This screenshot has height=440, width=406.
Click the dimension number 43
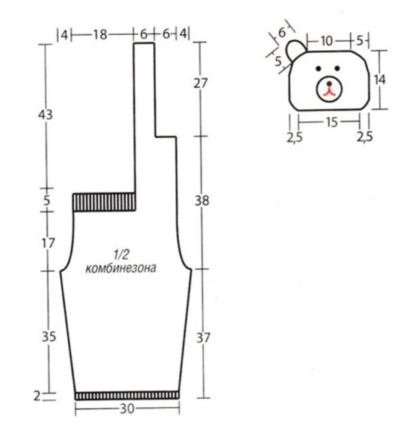coord(45,115)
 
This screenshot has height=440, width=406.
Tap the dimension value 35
coord(49,336)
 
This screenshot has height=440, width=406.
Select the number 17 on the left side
coord(48,243)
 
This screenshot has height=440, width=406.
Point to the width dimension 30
coord(127,409)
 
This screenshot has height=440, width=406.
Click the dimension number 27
coord(200,83)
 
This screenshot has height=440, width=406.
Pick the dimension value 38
coord(202,201)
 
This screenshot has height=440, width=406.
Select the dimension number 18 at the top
coord(100,35)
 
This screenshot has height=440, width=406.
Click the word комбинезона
coord(121,268)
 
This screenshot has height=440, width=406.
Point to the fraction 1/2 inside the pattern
coord(121,255)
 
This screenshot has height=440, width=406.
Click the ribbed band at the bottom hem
coord(127,395)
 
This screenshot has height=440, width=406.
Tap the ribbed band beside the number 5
coord(105,202)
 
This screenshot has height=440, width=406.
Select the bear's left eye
coord(318,68)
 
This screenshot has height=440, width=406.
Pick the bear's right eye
coord(337,68)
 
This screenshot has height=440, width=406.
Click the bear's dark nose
coord(329,84)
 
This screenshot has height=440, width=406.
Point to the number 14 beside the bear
coord(380,80)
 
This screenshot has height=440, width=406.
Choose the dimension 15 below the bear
coord(332,122)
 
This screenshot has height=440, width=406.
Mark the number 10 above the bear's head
coord(327,41)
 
